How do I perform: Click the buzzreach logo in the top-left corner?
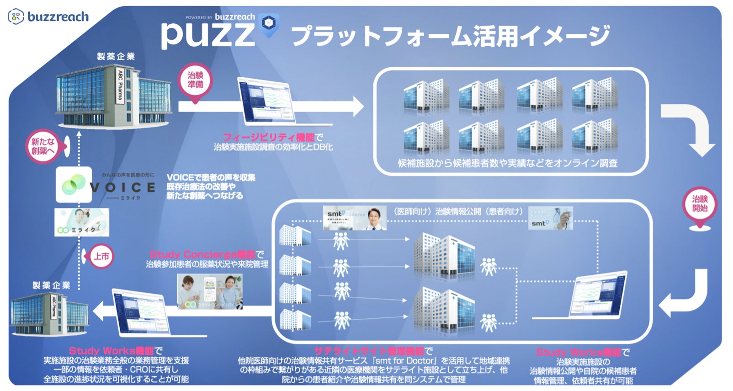48,17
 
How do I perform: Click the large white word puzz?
207,35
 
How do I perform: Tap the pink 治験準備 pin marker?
195,80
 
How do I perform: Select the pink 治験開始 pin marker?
699,204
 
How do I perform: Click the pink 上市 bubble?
101,257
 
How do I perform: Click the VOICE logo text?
122,187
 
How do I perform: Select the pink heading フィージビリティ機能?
269,137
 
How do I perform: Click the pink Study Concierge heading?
202,255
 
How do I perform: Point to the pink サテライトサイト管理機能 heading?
369,351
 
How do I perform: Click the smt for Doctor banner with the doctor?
354,218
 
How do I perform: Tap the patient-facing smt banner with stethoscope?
550,218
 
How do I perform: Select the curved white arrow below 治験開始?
685,293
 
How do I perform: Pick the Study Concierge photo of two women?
210,291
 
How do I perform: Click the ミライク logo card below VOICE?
82,223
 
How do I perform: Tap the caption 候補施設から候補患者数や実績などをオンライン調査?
507,163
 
